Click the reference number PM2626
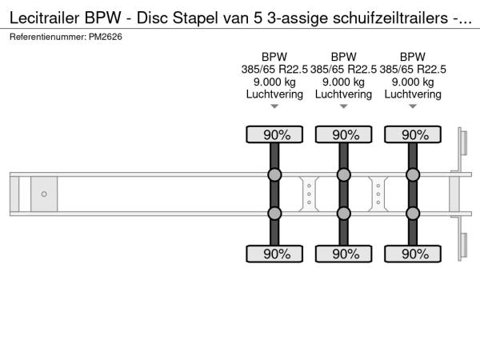106,37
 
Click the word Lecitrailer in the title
45,18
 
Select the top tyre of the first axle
274,134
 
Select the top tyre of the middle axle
344,134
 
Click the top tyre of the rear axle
413,134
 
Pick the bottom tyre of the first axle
274,254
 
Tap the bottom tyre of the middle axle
344,254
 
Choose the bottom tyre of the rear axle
413,254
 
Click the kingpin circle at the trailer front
44,194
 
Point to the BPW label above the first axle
274,57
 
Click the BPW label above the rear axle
413,57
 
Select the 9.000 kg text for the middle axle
344,82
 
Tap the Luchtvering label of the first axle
274,94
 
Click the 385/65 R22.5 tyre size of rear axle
413,70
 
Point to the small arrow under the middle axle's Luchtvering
344,106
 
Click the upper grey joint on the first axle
274,174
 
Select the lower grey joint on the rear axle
413,214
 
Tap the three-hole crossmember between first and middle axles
309,194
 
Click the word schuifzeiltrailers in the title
390,18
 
